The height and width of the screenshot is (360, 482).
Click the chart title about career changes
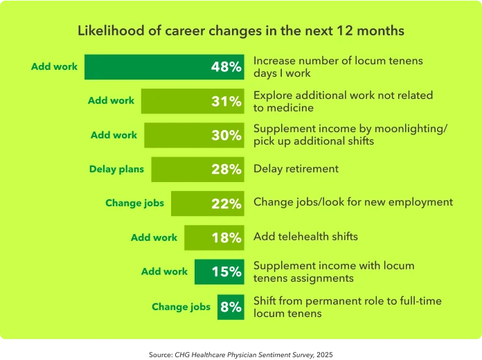[x=240, y=31]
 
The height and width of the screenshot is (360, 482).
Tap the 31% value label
[x=226, y=102]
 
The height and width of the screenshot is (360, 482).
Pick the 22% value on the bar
[x=226, y=204]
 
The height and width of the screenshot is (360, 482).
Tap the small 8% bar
[x=231, y=307]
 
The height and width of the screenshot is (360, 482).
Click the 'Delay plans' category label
[x=116, y=169]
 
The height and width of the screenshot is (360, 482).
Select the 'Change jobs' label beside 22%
[x=134, y=204]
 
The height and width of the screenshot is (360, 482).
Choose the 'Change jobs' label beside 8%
[x=181, y=307]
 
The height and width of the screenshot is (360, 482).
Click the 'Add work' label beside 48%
[x=54, y=67]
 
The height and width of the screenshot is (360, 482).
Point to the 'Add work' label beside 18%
[x=154, y=237]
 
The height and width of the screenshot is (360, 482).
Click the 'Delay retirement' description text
[x=296, y=168]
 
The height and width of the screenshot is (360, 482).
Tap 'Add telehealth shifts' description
[x=305, y=237]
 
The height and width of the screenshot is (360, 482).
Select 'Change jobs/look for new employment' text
[x=353, y=202]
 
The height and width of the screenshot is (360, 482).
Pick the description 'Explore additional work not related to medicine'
[x=343, y=101]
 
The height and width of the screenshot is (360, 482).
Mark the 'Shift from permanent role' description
[x=347, y=307]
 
